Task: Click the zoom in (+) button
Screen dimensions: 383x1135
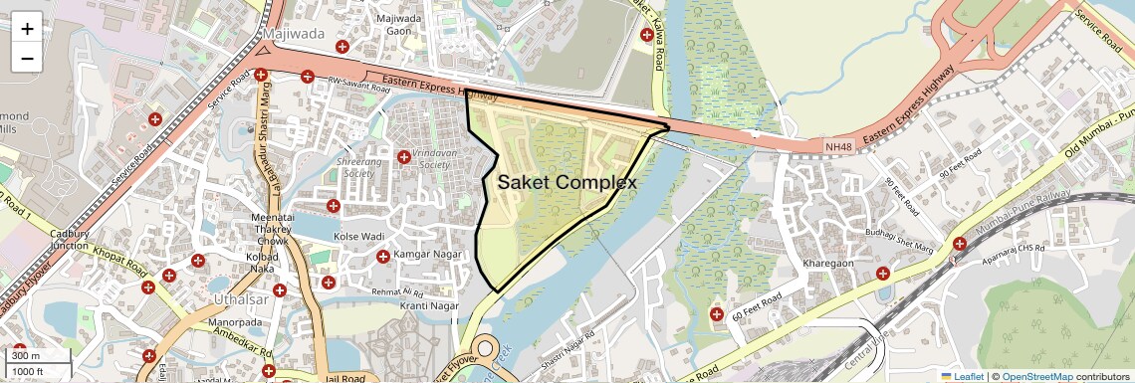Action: (27, 29)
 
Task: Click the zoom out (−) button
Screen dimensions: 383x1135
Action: (27, 58)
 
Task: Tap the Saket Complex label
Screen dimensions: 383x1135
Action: (567, 182)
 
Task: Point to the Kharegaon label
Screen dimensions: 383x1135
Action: (828, 264)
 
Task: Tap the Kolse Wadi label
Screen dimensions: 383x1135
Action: (359, 237)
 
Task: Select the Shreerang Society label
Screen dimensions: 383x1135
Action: (359, 166)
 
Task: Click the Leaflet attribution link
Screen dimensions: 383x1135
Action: (963, 376)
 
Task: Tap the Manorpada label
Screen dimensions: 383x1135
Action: (235, 324)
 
